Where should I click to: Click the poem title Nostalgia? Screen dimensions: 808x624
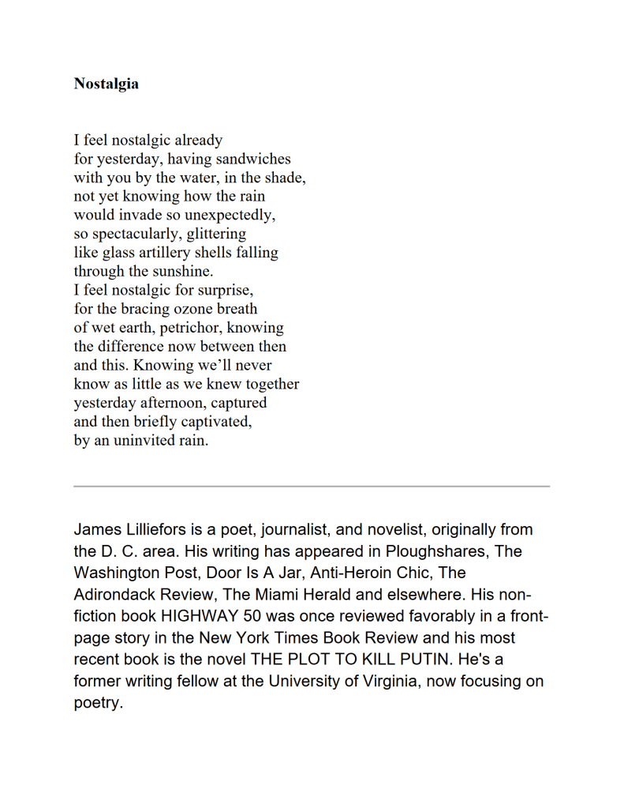coord(106,84)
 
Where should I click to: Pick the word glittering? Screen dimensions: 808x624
coord(216,234)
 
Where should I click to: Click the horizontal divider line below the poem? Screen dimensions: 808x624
coord(312,486)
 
